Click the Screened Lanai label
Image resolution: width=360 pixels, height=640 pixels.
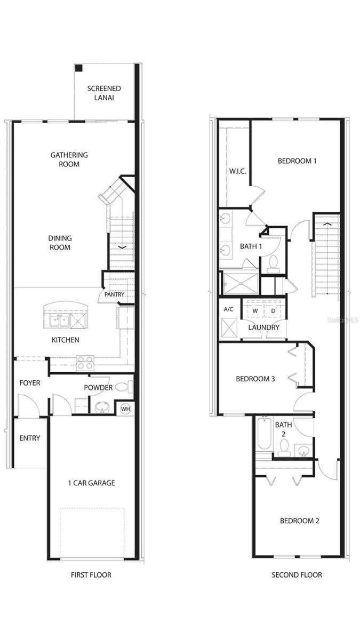(x=104, y=93)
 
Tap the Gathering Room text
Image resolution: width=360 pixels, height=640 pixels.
(x=69, y=159)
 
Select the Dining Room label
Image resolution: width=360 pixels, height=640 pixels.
(x=60, y=243)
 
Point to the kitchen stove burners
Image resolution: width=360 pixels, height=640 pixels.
(x=85, y=363)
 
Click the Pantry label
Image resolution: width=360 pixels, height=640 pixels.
(x=114, y=294)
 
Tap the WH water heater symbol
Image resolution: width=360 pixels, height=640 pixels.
(x=126, y=409)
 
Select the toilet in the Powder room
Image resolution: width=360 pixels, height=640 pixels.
(x=122, y=387)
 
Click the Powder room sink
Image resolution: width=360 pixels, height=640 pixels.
(x=101, y=408)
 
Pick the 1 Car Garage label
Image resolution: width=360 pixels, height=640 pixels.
(x=91, y=483)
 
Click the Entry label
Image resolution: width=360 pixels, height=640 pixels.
(x=30, y=438)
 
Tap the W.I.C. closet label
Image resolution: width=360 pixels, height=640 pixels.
(x=237, y=171)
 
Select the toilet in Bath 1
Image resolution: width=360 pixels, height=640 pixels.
(x=274, y=262)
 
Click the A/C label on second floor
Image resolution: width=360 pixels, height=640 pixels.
(x=229, y=309)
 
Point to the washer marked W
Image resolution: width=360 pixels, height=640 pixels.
(x=255, y=311)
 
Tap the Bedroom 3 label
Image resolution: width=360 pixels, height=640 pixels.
(x=255, y=379)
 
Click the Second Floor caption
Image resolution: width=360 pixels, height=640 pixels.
(x=297, y=575)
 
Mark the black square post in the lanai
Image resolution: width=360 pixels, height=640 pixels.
(x=78, y=68)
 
